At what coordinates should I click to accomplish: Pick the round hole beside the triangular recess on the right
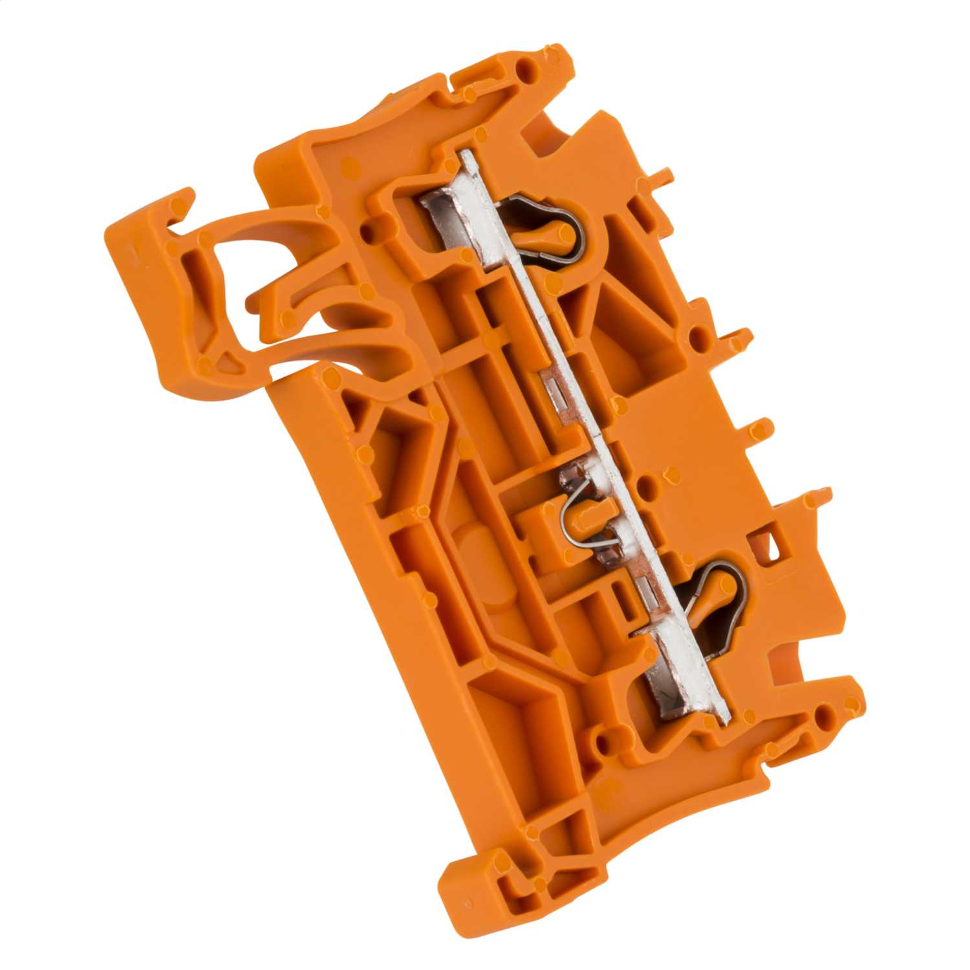(698, 336)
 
